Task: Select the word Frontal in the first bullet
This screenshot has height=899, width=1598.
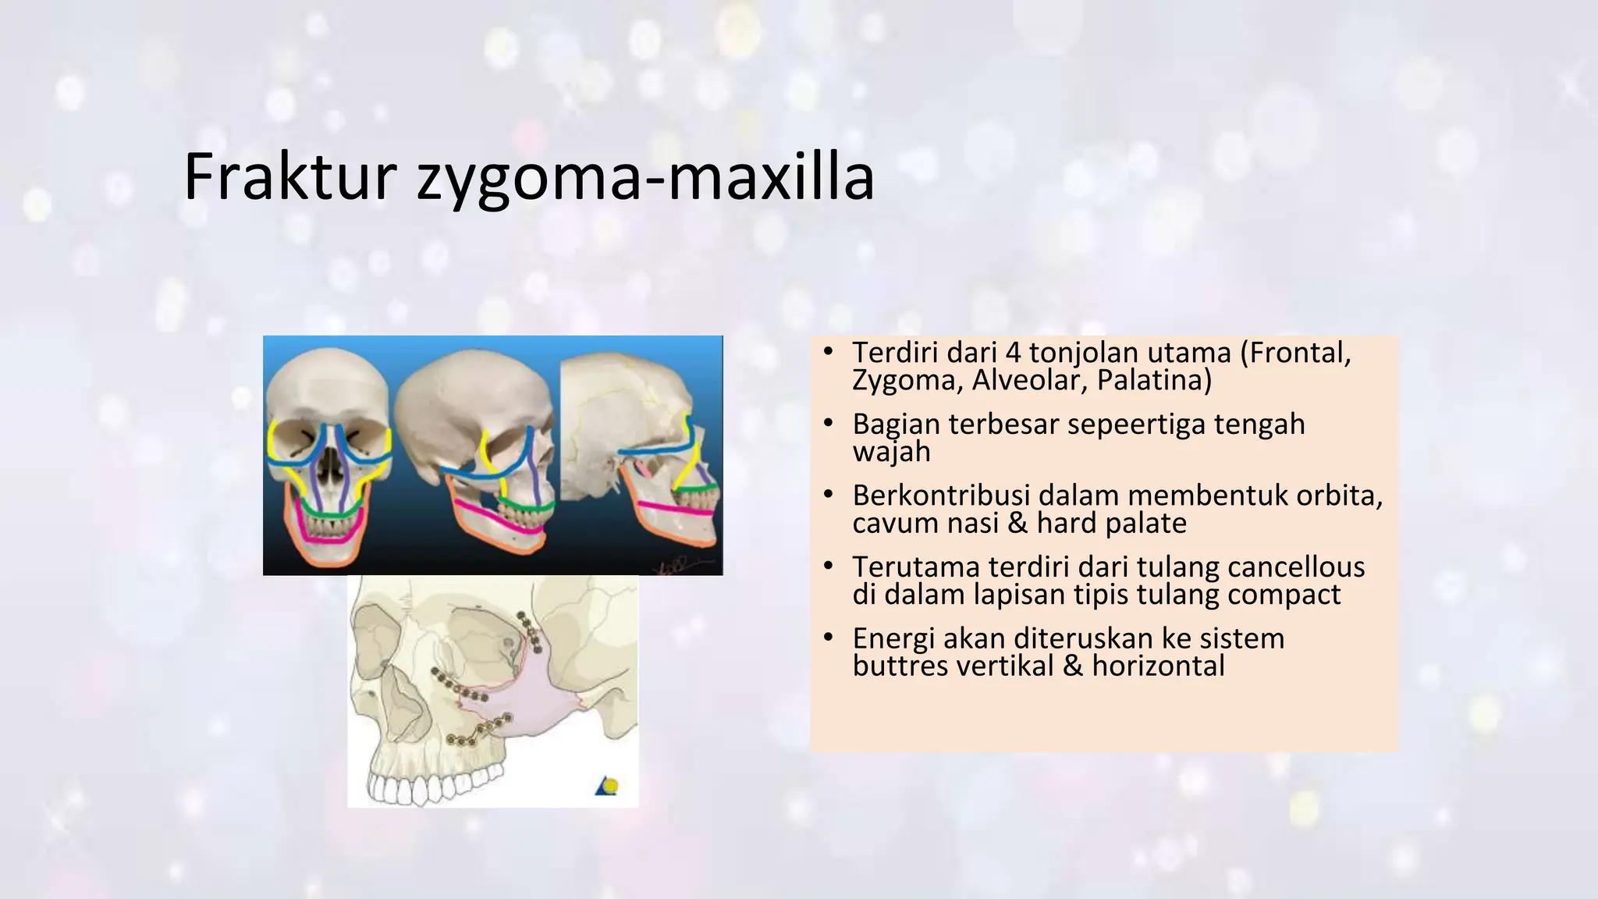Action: click(x=1301, y=353)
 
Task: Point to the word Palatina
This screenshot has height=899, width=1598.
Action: click(x=1154, y=380)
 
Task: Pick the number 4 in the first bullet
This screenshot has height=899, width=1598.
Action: click(x=1013, y=353)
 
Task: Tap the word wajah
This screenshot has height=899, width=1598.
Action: click(x=891, y=452)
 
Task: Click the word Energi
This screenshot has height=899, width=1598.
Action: click(x=893, y=639)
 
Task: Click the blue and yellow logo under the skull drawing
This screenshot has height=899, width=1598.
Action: click(x=608, y=786)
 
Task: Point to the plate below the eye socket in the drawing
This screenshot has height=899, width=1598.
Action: click(x=460, y=686)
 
